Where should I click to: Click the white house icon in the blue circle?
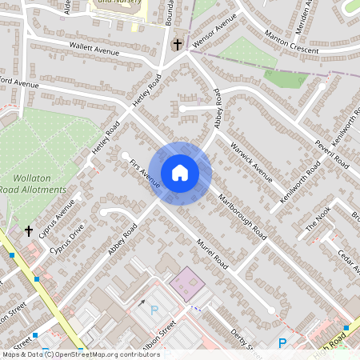pos(179,173)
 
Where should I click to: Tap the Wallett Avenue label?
pos(94,50)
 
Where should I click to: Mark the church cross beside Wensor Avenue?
pos(176,44)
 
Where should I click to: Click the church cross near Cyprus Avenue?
pos(29,231)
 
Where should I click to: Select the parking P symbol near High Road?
pos(282,343)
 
